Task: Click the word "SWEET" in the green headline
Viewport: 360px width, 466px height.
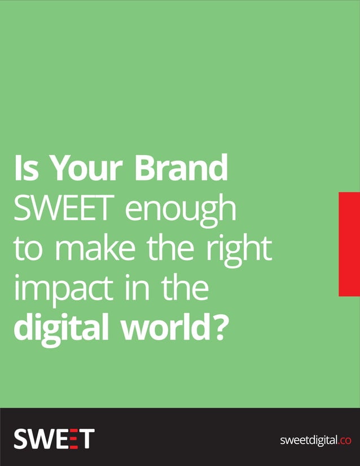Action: pos(64,209)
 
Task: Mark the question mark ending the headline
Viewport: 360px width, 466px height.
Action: pos(221,328)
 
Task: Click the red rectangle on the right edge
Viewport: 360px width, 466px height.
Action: pos(349,244)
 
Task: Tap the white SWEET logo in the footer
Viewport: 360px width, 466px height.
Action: pos(54,438)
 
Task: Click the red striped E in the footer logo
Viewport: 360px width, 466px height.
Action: pos(71,438)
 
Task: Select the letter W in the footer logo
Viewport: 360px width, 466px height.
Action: pos(42,438)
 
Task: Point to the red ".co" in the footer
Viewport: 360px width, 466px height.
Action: pos(345,440)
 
